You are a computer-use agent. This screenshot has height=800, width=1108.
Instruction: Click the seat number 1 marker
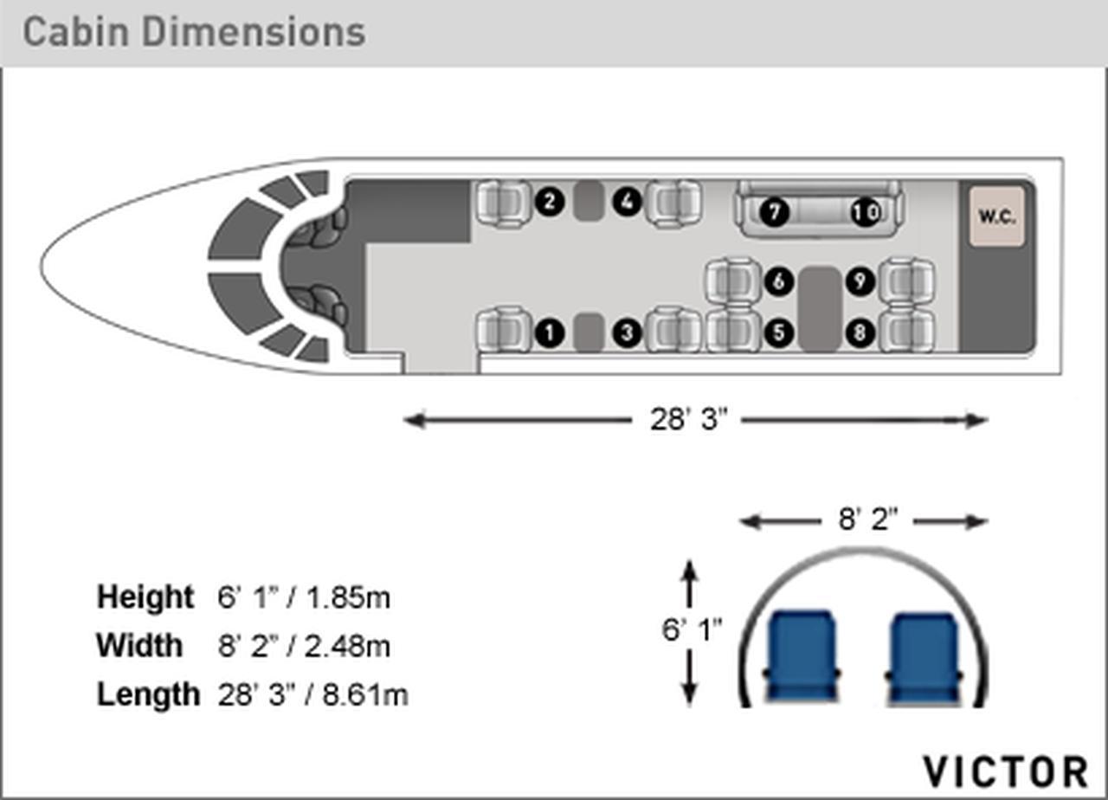(x=550, y=333)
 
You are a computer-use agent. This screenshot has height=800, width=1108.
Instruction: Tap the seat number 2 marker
(x=550, y=202)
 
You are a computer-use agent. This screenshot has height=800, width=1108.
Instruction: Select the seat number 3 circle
(x=628, y=333)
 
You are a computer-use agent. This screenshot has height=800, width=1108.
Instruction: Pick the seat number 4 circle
(x=628, y=202)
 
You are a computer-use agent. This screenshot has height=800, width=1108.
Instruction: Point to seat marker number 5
(x=779, y=333)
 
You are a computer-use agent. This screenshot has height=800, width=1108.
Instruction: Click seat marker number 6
(x=779, y=281)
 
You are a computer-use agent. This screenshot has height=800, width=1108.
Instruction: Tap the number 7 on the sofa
(x=774, y=212)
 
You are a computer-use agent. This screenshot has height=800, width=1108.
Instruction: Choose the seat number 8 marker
(x=860, y=333)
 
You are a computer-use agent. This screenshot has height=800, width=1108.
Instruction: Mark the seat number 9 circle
(x=860, y=281)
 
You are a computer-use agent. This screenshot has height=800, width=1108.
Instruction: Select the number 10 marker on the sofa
(x=865, y=212)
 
